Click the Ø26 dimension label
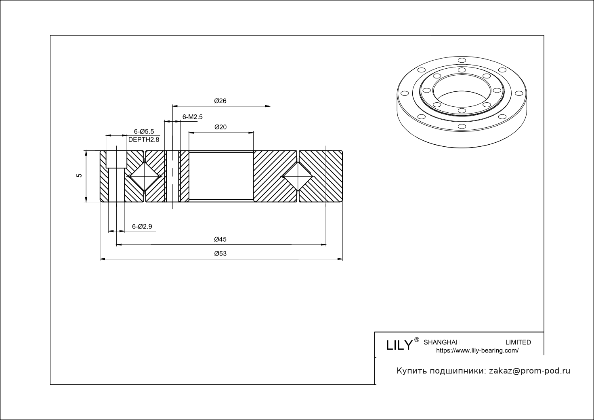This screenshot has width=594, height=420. (x=220, y=101)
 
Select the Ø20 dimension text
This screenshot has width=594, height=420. (x=220, y=127)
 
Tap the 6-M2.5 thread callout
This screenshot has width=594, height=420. (x=192, y=117)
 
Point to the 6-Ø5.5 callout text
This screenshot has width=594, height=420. (x=144, y=131)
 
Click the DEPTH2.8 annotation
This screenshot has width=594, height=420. (x=144, y=139)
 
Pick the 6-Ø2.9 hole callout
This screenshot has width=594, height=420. (x=142, y=227)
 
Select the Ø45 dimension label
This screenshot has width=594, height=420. (x=220, y=239)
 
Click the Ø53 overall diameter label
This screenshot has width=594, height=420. (x=220, y=253)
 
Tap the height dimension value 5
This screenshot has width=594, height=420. (x=80, y=175)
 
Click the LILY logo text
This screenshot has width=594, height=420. (x=399, y=345)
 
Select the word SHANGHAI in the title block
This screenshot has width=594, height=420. (x=440, y=342)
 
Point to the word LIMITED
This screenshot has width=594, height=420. (x=518, y=342)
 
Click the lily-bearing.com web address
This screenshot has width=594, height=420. (x=477, y=351)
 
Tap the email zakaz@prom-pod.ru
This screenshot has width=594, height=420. (x=529, y=371)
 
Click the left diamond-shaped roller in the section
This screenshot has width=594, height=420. (x=144, y=176)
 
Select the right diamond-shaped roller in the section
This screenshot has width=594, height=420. (x=298, y=176)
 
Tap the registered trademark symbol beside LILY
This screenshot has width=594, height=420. (x=417, y=340)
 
